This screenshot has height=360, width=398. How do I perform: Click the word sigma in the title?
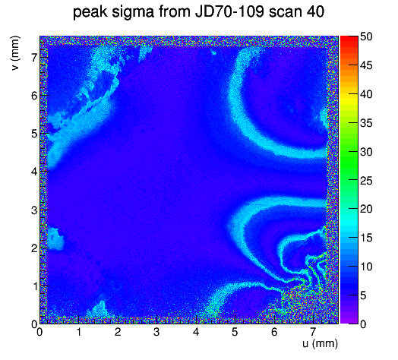click(133, 12)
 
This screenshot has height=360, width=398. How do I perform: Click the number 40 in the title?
click(315, 11)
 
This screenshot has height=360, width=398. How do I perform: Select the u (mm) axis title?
click(320, 343)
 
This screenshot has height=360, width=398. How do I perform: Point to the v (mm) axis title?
click(15, 53)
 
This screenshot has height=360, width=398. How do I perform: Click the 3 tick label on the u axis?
click(156, 332)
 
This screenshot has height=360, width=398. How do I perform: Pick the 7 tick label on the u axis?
click(313, 332)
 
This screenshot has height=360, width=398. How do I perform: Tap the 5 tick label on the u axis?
click(235, 332)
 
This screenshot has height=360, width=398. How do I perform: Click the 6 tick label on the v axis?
click(34, 96)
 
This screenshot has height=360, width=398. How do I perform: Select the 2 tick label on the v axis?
click(34, 248)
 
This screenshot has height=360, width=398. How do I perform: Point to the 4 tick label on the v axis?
click(34, 172)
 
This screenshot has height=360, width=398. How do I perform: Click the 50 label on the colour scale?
click(366, 36)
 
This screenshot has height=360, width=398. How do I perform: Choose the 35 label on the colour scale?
click(366, 123)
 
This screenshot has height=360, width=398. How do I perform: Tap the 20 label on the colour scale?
click(366, 209)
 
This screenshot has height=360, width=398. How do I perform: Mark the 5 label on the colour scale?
click(363, 295)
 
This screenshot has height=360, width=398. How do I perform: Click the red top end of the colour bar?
click(349, 39)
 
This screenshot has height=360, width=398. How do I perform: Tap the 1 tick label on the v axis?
click(34, 286)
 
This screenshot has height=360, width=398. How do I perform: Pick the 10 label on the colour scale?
click(366, 267)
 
